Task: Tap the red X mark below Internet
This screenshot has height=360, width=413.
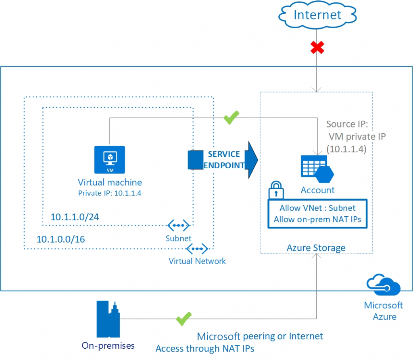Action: point(317,48)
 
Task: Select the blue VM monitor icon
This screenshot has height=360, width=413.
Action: point(109,158)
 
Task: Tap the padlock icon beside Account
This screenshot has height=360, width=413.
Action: point(277,188)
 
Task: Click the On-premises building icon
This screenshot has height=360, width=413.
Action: point(108,319)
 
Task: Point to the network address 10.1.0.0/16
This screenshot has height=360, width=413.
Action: point(60,239)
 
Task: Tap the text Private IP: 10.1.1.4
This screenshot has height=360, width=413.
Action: point(109,193)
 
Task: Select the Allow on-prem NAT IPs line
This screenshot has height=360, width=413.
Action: point(317,220)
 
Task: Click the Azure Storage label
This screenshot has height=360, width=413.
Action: point(316,247)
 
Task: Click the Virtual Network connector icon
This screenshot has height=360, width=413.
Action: point(197,248)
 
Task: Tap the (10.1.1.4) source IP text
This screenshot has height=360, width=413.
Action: point(346,149)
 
